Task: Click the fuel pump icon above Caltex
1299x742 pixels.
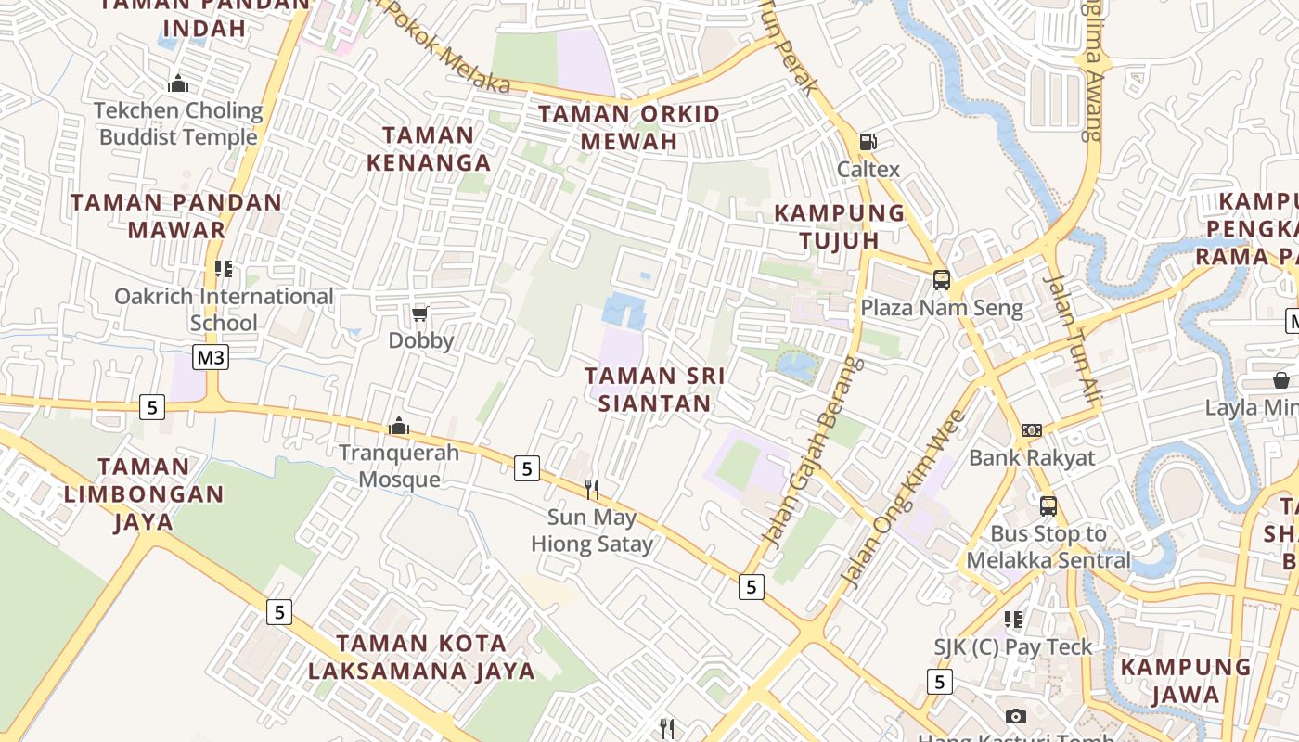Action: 868,142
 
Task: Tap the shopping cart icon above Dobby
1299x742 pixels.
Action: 420,313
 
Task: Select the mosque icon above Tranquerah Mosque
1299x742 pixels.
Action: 399,426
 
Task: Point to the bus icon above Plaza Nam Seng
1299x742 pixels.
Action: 941,279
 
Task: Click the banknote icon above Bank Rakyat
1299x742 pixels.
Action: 1032,430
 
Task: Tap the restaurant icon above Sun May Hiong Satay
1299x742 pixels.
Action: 591,489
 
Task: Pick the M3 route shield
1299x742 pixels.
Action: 211,357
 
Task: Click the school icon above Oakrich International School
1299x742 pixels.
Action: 224,269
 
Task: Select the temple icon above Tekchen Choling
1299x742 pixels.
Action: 178,83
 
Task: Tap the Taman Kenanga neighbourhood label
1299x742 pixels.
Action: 429,148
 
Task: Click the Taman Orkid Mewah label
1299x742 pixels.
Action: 629,128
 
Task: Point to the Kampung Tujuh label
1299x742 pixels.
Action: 840,226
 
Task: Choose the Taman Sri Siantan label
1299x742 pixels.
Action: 655,390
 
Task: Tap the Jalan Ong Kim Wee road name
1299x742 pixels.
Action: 903,499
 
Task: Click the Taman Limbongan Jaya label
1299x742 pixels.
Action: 144,493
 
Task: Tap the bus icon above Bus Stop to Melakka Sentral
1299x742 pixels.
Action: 1048,506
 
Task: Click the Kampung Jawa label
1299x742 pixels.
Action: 1186,681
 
